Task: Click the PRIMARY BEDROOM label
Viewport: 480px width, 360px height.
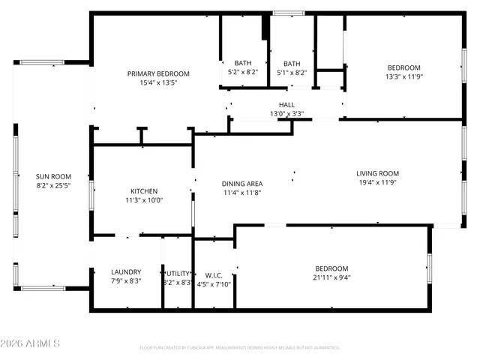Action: tap(157, 73)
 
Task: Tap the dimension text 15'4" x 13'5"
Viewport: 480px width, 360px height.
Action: tap(157, 83)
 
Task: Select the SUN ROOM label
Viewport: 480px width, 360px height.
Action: tap(51, 175)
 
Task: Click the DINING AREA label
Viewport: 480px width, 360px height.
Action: tap(241, 184)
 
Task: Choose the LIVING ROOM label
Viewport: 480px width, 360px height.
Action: tap(377, 173)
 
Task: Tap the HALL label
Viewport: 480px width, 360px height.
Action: tap(286, 105)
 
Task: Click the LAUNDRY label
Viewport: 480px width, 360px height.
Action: tap(126, 271)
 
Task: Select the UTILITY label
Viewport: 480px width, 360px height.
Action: tap(178, 274)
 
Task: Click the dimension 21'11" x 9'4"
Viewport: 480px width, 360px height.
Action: tap(331, 277)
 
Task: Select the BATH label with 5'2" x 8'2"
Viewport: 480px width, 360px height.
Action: tap(242, 63)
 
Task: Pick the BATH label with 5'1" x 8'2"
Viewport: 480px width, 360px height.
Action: tap(291, 63)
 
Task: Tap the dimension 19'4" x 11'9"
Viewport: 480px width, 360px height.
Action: tap(377, 182)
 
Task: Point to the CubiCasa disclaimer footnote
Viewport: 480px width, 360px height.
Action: tap(240, 347)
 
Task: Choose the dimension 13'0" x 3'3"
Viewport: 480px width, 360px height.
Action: tap(286, 114)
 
